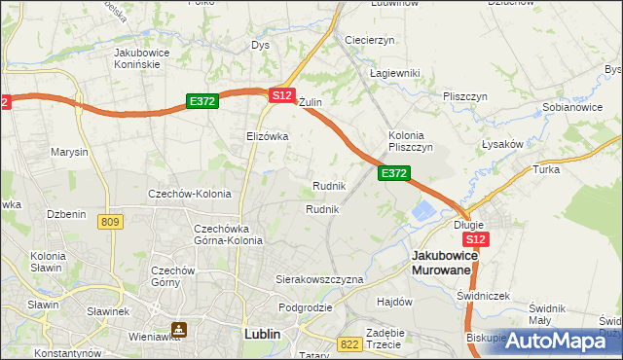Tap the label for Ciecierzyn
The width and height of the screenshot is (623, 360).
(x=369, y=40)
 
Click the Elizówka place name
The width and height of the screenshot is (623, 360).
(x=268, y=136)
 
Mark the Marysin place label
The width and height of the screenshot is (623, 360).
(x=69, y=153)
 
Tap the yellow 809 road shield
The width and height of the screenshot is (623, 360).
(x=110, y=223)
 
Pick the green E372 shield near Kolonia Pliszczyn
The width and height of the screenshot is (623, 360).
(x=393, y=172)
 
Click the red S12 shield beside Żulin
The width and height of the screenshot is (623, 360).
(x=281, y=95)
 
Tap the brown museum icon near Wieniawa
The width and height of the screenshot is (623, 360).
(x=179, y=330)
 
